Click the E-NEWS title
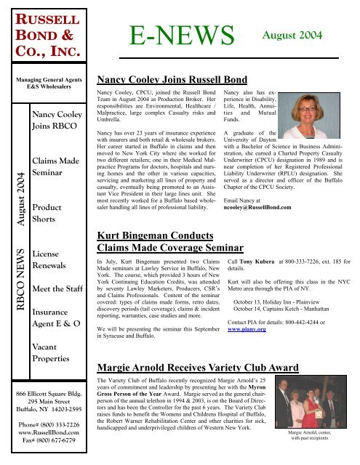(183, 33)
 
